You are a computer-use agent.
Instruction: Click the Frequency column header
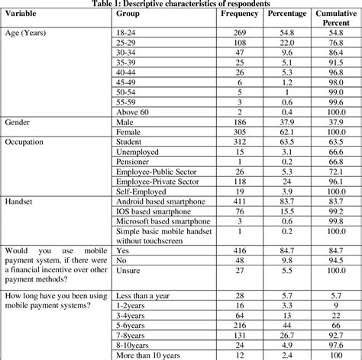coord(238,14)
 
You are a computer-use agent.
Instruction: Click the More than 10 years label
coord(150,355)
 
